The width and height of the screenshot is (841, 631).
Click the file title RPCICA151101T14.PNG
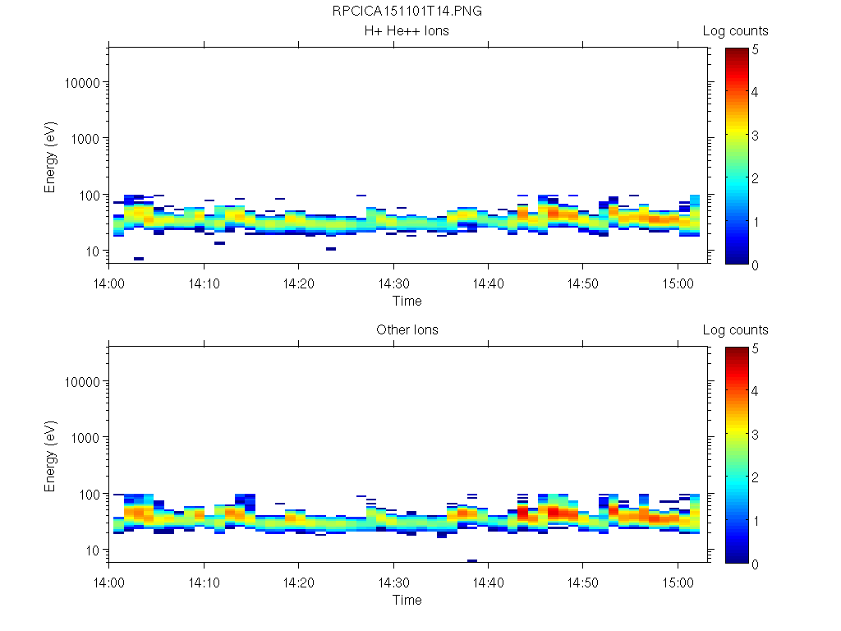[407, 12]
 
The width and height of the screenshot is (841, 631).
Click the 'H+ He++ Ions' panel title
[407, 31]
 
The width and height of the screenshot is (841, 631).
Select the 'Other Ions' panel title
[407, 330]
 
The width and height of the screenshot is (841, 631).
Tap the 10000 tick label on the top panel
[83, 83]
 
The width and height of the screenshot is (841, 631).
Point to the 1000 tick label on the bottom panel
[86, 438]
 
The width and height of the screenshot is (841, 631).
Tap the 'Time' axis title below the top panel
[407, 302]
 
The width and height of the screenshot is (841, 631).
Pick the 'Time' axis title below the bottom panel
[407, 601]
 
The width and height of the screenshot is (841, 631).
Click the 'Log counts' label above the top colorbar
[736, 31]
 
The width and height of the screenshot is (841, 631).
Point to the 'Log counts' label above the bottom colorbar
[736, 330]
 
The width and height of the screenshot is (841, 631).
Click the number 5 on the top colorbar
[756, 49]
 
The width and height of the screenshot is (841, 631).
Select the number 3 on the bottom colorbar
[756, 433]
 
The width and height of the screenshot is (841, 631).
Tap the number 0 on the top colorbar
[756, 265]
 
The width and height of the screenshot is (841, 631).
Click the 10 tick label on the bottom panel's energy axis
[93, 550]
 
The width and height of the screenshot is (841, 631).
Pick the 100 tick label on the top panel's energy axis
[90, 195]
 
